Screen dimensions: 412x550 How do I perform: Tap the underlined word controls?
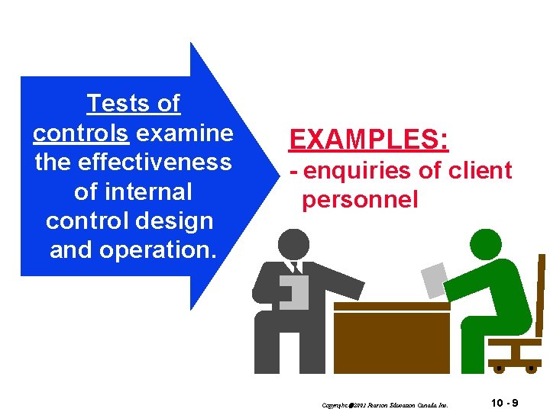coord(80,133)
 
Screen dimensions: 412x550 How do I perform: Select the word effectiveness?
coord(133,163)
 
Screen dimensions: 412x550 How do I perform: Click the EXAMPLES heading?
coord(368,140)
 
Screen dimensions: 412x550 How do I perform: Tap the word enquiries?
coord(361,171)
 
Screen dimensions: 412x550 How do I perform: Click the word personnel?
coord(360,200)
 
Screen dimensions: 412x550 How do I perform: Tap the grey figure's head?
coord(295,244)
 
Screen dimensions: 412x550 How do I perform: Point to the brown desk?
coord(391,336)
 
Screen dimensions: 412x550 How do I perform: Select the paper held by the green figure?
coord(435,279)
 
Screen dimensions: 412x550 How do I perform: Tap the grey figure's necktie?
coord(296,268)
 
